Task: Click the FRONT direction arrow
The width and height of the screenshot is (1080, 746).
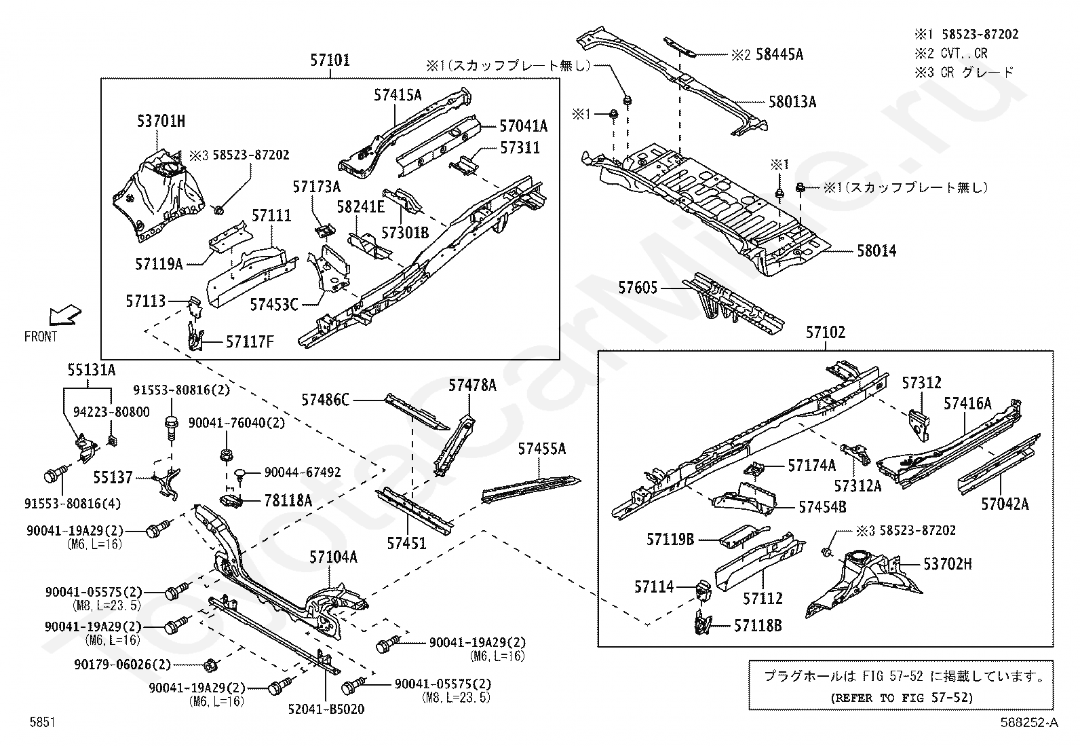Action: tap(66, 314)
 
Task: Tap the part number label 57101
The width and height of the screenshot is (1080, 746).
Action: tap(330, 60)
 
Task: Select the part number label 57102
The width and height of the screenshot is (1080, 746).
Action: tap(826, 333)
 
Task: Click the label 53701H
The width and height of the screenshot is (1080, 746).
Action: tap(161, 121)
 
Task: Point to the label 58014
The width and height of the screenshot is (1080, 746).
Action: tap(876, 251)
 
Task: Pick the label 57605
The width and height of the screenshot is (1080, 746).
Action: tap(638, 288)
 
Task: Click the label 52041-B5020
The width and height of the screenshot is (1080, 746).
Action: tap(326, 709)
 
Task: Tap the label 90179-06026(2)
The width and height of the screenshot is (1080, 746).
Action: tap(123, 665)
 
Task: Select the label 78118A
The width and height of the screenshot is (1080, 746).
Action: tap(288, 501)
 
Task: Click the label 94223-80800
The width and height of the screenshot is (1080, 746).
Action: tap(111, 412)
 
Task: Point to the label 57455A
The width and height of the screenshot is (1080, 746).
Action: tap(542, 449)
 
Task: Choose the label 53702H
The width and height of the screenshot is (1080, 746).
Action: tap(948, 564)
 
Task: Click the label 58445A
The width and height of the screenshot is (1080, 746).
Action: tap(779, 54)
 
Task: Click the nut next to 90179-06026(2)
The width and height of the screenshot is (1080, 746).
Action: tap(210, 665)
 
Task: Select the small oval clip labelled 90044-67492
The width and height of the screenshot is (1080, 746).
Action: tap(240, 473)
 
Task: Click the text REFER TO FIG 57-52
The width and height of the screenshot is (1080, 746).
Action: tap(902, 698)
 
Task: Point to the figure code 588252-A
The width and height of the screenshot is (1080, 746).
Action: tap(1029, 722)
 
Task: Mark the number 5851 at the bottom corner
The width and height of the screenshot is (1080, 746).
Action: tap(43, 722)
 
